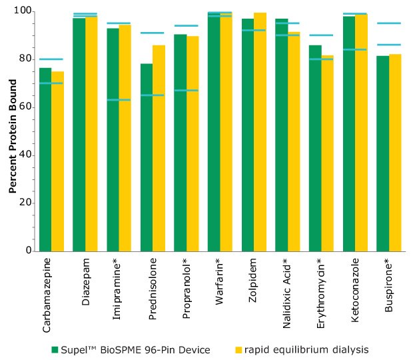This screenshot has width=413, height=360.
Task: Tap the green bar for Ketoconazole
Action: pos(348,133)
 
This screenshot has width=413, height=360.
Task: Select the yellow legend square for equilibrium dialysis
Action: pos(238,350)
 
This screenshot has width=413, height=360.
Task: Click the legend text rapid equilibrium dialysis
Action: pos(306,350)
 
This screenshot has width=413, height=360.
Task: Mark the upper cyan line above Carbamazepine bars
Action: pos(51,59)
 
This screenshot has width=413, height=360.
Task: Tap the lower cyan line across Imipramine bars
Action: pos(119,100)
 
